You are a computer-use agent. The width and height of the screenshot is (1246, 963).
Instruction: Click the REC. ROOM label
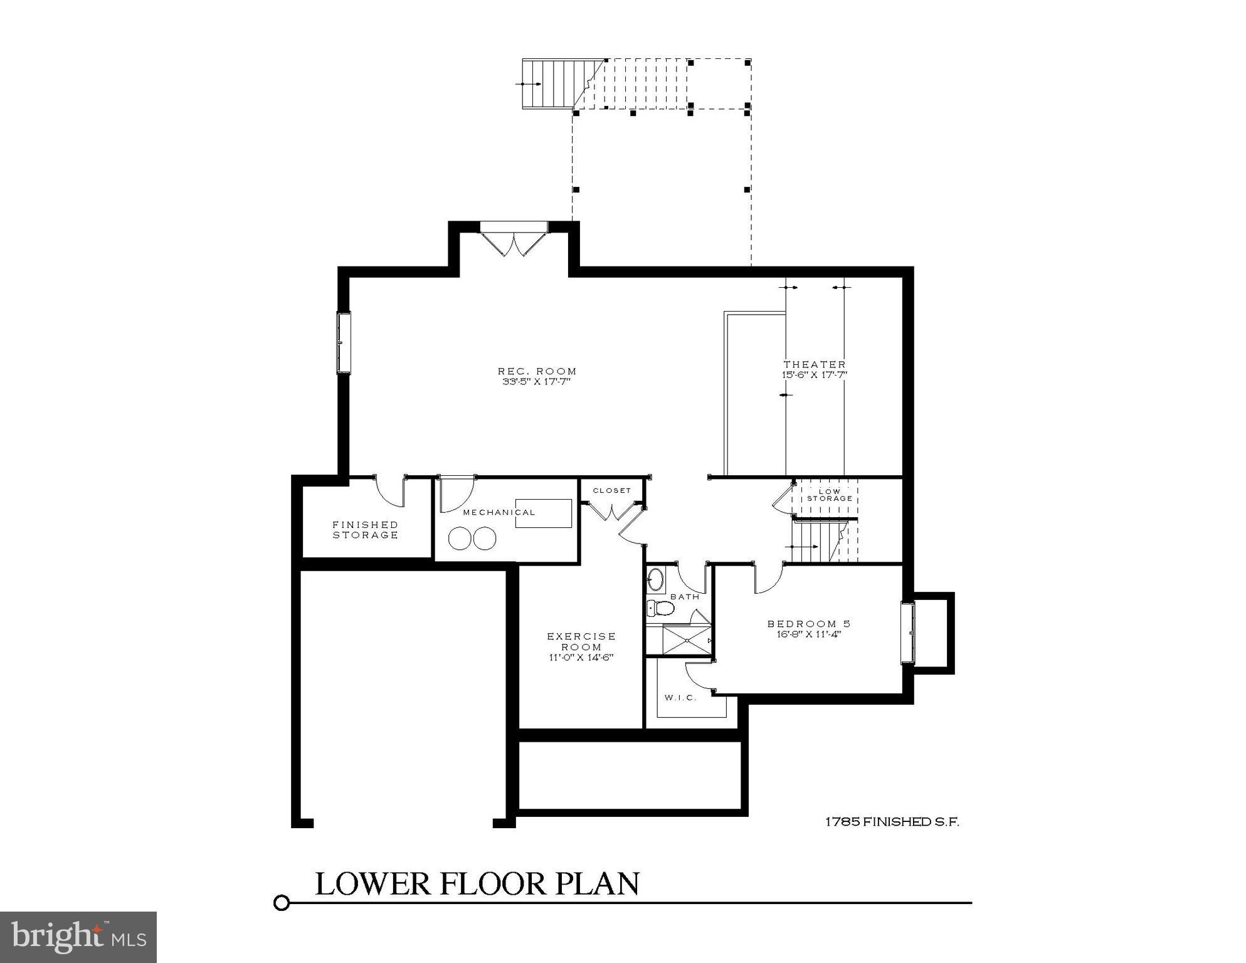[x=537, y=371]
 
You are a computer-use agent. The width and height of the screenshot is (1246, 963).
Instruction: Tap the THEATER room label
[x=814, y=364]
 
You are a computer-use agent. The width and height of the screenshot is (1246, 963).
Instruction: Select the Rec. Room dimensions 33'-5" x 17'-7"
[x=537, y=381]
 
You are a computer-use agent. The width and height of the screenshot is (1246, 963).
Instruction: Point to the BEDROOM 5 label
[x=809, y=624]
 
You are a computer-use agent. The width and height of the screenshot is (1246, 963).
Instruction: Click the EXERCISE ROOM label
[x=581, y=641]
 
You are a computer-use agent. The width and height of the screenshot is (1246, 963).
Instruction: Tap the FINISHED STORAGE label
[x=365, y=530]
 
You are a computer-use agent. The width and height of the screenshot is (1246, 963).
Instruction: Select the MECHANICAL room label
[x=499, y=512]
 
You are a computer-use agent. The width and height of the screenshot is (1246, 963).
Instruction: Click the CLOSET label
[x=611, y=490]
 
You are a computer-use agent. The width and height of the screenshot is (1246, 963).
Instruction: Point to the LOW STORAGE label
[x=829, y=495]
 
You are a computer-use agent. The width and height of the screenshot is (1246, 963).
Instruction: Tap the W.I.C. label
[x=680, y=698]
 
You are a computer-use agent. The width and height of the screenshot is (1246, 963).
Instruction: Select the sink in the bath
[x=656, y=579]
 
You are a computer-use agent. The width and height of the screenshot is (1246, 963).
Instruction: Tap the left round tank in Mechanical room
[x=461, y=539]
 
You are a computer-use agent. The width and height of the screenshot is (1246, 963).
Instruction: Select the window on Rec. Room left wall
[x=344, y=343]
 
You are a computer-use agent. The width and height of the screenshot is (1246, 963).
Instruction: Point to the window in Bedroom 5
[x=907, y=633]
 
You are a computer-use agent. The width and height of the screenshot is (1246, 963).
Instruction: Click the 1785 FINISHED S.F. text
[x=892, y=822]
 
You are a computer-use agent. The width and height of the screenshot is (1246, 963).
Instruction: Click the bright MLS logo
[x=78, y=937]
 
